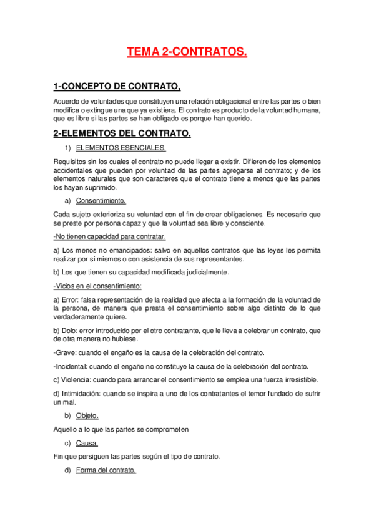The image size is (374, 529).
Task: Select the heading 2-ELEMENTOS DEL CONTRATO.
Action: [x=122, y=133]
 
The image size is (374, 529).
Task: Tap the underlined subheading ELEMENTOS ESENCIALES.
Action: [x=121, y=148]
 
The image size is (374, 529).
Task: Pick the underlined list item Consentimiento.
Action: [x=101, y=200]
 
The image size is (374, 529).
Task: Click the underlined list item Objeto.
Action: [x=87, y=415]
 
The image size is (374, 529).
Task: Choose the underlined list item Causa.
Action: [x=87, y=443]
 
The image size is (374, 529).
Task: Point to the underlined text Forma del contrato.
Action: [x=106, y=470]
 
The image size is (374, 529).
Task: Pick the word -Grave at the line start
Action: [x=66, y=352]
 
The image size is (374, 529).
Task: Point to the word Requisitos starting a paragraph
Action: [x=72, y=161]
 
